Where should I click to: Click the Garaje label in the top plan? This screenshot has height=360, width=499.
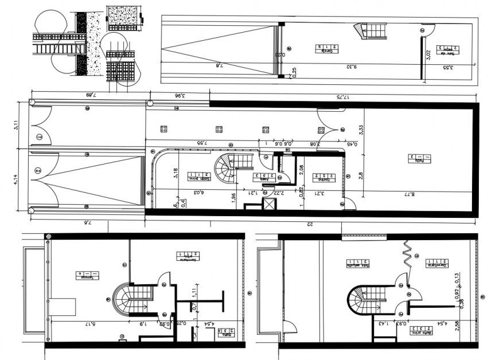tap(326, 49)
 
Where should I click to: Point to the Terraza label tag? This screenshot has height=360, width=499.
tap(84, 276)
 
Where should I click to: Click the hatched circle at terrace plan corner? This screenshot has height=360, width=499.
tap(49, 236)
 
